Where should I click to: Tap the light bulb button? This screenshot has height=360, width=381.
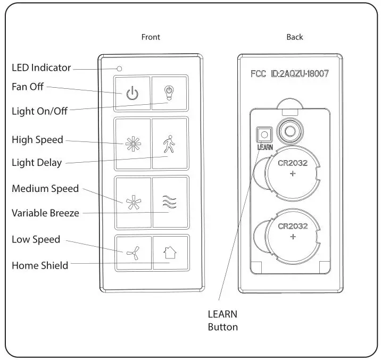[169, 94]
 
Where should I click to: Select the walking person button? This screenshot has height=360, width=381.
[169, 143]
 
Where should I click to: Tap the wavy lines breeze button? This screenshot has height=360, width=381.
[169, 202]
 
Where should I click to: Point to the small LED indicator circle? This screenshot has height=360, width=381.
[120, 69]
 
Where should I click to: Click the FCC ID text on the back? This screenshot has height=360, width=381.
[289, 74]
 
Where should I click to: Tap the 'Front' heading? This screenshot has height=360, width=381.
[151, 37]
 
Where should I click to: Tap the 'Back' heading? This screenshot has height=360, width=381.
[294, 37]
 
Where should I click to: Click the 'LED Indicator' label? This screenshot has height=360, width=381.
[41, 68]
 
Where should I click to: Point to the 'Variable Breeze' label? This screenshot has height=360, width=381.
[45, 213]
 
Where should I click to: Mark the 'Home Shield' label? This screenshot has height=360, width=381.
[40, 265]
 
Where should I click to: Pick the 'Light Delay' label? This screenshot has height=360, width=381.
[37, 163]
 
